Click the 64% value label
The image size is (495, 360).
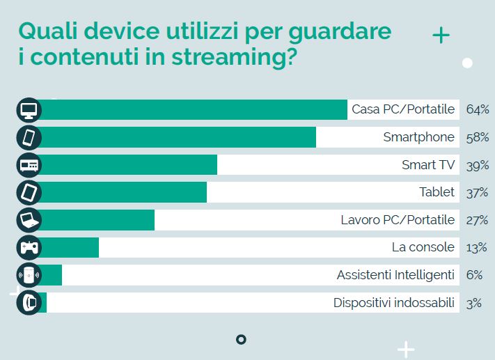(478, 110)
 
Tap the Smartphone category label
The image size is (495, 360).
(418, 137)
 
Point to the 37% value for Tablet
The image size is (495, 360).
(478, 192)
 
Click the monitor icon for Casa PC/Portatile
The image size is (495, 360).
(29, 110)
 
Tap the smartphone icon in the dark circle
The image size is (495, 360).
(29, 137)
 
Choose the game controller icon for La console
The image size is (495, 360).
(29, 247)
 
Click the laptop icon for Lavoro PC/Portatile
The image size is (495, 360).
(29, 220)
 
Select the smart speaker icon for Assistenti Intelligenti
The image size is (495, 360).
(29, 275)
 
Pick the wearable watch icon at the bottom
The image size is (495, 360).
(29, 302)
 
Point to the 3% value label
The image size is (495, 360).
(474, 302)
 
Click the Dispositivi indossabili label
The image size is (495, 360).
(393, 302)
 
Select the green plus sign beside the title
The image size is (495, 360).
(441, 36)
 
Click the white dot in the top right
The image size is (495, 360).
(467, 63)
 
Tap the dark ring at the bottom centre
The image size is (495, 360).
(241, 339)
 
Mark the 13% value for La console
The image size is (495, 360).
(477, 247)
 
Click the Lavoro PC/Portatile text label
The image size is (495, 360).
(397, 220)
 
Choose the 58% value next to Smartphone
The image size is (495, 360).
(478, 137)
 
